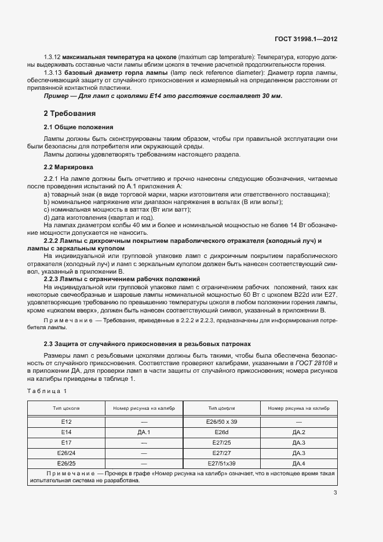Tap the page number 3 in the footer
(335, 493)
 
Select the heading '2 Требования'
(70, 113)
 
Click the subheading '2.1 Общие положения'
(78, 127)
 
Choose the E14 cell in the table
(66, 432)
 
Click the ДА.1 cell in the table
(144, 432)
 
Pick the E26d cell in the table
(222, 432)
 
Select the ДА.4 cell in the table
(299, 464)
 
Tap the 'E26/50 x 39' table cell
(222, 422)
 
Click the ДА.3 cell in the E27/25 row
(299, 443)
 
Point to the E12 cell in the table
(66, 422)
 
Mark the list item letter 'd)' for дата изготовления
(48, 217)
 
